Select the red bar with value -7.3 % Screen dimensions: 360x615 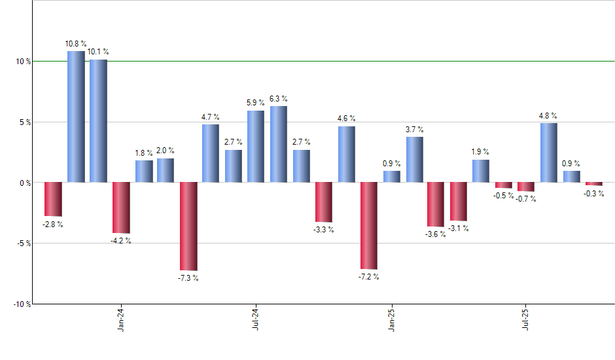188,226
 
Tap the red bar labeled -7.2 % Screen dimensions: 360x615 368,226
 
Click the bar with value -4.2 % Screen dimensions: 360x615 121,207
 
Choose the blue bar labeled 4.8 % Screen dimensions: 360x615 549,153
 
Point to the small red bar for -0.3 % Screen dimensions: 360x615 593,184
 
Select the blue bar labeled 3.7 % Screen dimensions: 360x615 414,159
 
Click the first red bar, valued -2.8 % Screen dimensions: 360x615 53,199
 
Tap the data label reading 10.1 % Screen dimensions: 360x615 98,52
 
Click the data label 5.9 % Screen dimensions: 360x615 255,103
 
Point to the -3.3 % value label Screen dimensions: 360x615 323,230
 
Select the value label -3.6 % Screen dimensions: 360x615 435,234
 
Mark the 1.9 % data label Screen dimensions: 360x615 481,152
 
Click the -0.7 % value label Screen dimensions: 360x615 525,199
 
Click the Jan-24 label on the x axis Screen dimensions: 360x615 121,319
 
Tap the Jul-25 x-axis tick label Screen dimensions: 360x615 525,319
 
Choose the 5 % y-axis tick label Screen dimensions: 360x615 25,122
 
